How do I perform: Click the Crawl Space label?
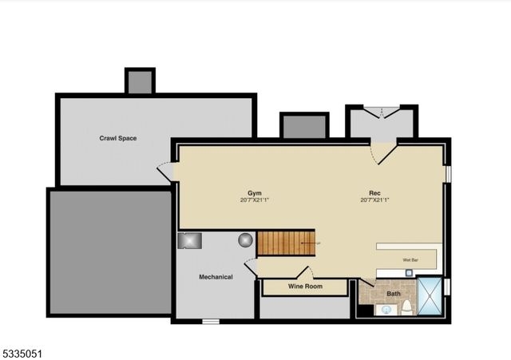coord(118,139)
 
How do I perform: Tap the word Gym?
coord(255,193)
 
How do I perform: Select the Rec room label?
coord(374,193)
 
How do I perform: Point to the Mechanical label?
coord(216,277)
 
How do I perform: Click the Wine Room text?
coord(305,286)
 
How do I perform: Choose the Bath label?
coord(394,294)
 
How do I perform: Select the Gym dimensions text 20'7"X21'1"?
coord(255,200)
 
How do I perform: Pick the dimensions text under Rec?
coord(374,200)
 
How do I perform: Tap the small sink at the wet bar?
coord(407,272)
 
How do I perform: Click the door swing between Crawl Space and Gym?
coord(165,171)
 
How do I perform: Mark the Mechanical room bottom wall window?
coord(210,322)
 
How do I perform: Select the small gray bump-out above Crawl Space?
coord(140,81)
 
